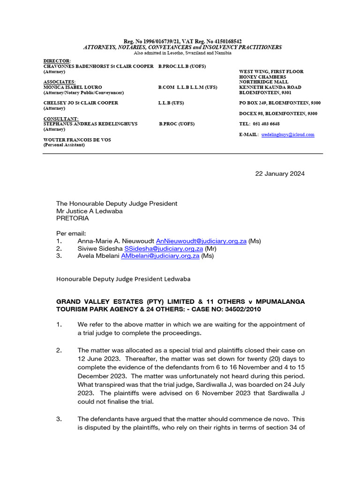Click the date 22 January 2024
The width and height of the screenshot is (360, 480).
(x=279, y=173)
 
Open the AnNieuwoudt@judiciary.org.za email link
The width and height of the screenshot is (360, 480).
(x=201, y=241)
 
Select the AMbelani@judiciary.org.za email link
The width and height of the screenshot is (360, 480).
(x=160, y=256)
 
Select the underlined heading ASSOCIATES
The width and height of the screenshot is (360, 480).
(x=60, y=82)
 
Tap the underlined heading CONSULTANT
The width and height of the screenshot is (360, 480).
(x=61, y=119)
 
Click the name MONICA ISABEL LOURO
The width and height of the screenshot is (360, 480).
(x=72, y=87)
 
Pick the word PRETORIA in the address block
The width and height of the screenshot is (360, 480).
(x=72, y=218)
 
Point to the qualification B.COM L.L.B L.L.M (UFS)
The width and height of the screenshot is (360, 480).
(x=187, y=87)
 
